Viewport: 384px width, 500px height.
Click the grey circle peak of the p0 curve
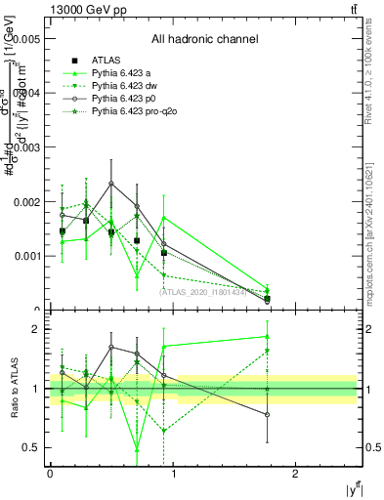tap(111, 183)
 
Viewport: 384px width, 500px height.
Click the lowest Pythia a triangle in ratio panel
tap(137, 449)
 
